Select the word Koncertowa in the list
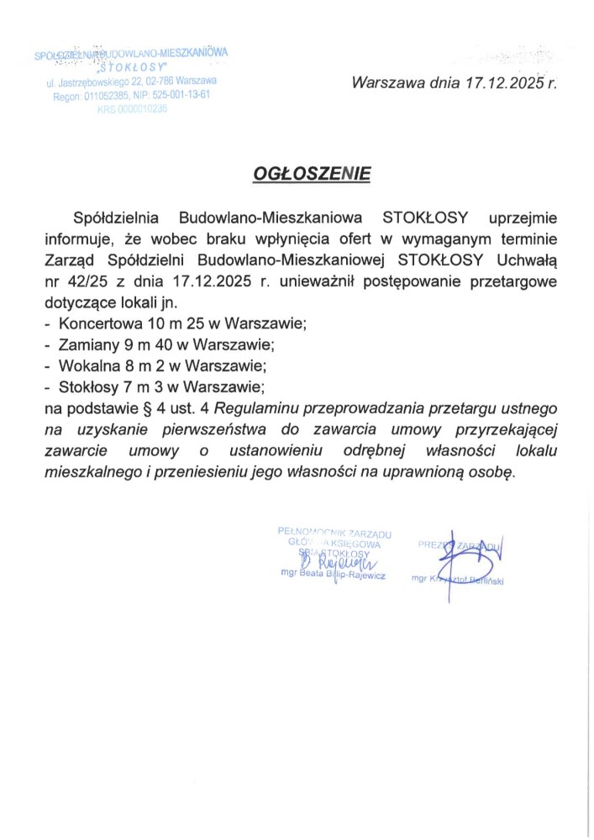coord(97,323)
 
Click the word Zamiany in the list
coord(87,345)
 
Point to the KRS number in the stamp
coord(133,109)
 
